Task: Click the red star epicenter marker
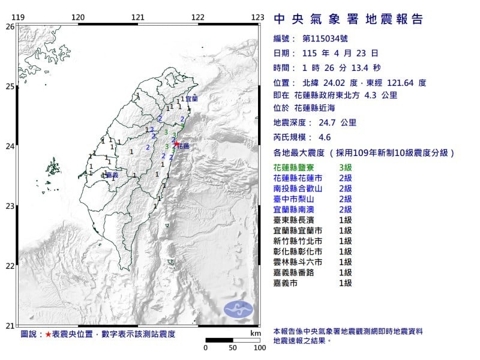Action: pos(176,143)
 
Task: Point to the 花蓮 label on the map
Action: pos(184,146)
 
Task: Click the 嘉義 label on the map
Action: pos(110,175)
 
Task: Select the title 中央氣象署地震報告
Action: pos(348,20)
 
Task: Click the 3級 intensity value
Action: pos(345,166)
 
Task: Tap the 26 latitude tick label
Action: pos(10,27)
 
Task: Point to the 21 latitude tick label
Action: pos(10,326)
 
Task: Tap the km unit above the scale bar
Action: pos(255,333)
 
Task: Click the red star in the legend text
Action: pos(48,334)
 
